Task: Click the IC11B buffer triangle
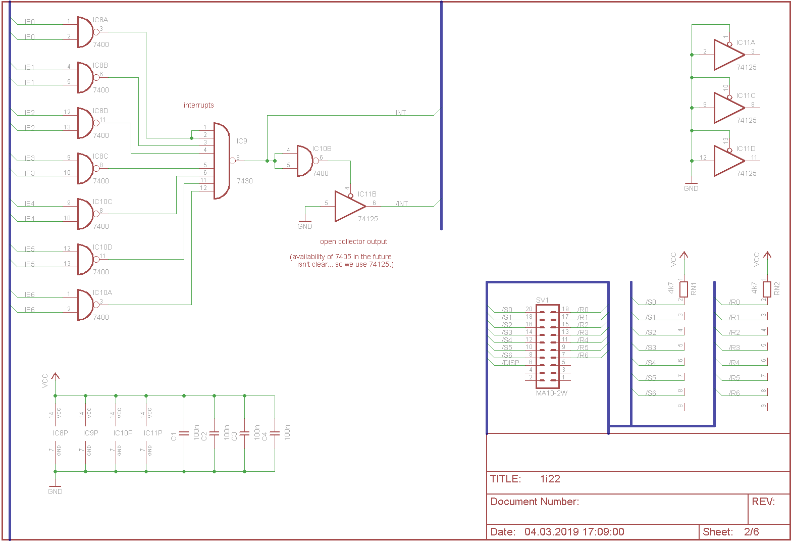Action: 350,206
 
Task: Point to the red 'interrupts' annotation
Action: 198,105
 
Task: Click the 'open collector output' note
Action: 353,241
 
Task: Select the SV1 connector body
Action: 548,347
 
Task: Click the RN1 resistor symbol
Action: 683,289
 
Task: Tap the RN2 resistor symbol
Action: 767,289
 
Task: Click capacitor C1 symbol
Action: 184,433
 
